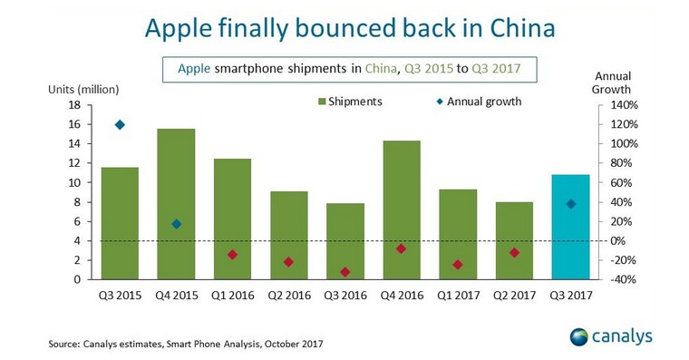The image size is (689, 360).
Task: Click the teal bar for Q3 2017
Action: click(571, 227)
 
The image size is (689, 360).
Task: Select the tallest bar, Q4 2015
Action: click(176, 204)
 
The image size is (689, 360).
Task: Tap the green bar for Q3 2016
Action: click(345, 241)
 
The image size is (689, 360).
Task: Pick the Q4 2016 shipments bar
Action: click(402, 210)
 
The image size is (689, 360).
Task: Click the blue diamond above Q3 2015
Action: click(120, 125)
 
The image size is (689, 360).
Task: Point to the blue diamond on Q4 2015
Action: click(176, 224)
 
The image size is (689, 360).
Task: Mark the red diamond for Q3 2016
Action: click(345, 272)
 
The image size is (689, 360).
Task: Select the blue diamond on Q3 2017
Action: click(571, 204)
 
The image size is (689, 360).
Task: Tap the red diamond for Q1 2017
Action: click(458, 265)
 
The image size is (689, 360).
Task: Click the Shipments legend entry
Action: click(350, 102)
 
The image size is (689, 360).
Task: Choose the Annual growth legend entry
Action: click(479, 102)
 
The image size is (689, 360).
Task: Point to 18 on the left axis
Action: click(74, 105)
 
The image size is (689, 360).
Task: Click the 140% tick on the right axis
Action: click(624, 105)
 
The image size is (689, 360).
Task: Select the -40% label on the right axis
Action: click(623, 279)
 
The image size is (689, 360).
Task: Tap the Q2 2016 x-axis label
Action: click(289, 296)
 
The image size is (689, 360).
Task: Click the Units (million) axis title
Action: click(83, 90)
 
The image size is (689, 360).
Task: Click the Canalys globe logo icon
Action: click(578, 337)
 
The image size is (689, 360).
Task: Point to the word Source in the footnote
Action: click(63, 344)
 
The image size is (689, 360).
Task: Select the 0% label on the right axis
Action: click(617, 241)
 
